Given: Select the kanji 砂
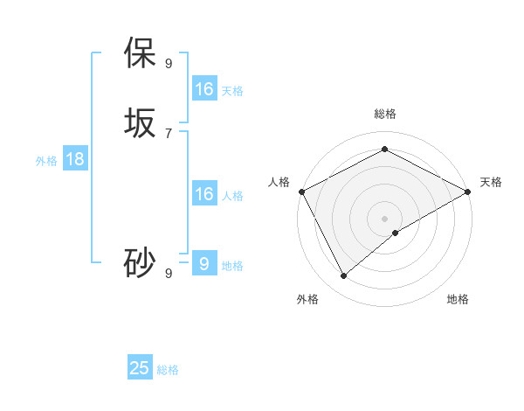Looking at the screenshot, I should (x=141, y=263).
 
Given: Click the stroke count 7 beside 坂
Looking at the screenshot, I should (x=169, y=133).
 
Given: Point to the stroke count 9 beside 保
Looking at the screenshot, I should (x=169, y=63).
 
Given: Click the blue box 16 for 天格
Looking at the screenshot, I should (x=204, y=89).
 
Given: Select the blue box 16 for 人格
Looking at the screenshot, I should (x=204, y=194).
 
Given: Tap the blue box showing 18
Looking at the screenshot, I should (x=75, y=159).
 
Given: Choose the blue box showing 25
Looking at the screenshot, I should (x=140, y=368).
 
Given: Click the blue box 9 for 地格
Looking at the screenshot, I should (x=204, y=263).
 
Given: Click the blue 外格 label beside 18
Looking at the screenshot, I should (x=46, y=161).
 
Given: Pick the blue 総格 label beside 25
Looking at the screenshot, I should (x=168, y=370).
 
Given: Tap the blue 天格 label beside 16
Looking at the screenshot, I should (x=232, y=91).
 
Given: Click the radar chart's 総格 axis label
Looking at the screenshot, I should (x=384, y=114).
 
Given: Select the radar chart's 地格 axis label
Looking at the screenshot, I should (x=458, y=300).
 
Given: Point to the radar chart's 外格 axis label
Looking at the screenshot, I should (x=307, y=300).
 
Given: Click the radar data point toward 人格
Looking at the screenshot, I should (x=301, y=192).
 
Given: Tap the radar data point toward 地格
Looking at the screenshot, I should (x=396, y=233).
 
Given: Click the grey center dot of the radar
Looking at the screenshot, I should (x=384, y=219).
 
